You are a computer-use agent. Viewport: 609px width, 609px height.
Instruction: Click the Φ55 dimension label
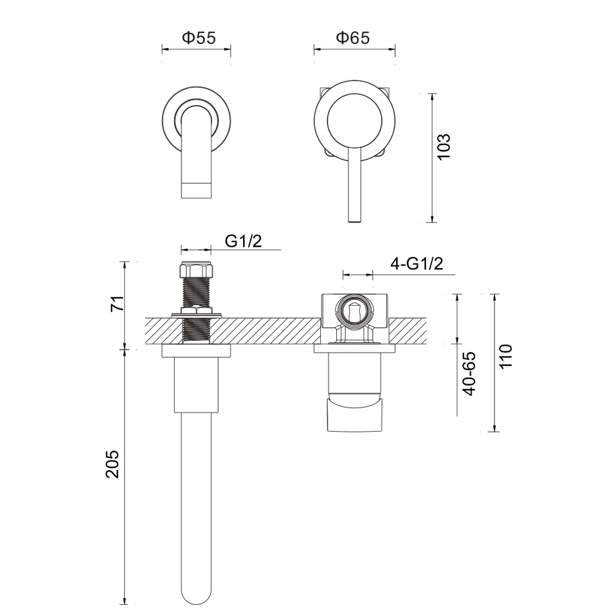click(x=198, y=38)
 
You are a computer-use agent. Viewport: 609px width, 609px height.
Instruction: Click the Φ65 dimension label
click(x=353, y=38)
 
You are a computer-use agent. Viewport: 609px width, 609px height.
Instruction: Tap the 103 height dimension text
click(x=444, y=146)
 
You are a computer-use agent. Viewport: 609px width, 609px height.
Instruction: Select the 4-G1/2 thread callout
click(x=416, y=264)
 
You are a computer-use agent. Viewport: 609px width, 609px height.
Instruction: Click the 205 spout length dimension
click(x=113, y=464)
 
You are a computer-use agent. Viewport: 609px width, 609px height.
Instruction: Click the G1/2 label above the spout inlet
click(x=243, y=241)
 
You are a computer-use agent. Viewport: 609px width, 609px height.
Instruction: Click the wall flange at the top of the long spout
click(x=197, y=351)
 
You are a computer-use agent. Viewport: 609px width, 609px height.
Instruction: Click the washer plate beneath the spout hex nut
click(x=197, y=314)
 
